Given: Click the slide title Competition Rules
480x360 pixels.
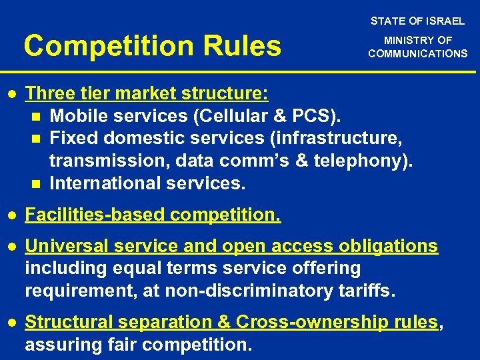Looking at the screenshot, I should point(153,46).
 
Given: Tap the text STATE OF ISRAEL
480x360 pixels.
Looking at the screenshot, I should point(418,21).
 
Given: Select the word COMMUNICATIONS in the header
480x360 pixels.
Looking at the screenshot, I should point(418,53).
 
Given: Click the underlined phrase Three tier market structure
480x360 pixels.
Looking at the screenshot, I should point(147,94).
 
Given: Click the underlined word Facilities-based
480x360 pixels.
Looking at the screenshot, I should point(95,215).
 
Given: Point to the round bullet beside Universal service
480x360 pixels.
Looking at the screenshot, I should point(12,247).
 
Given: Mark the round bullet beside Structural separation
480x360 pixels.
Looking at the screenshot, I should point(12,323).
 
